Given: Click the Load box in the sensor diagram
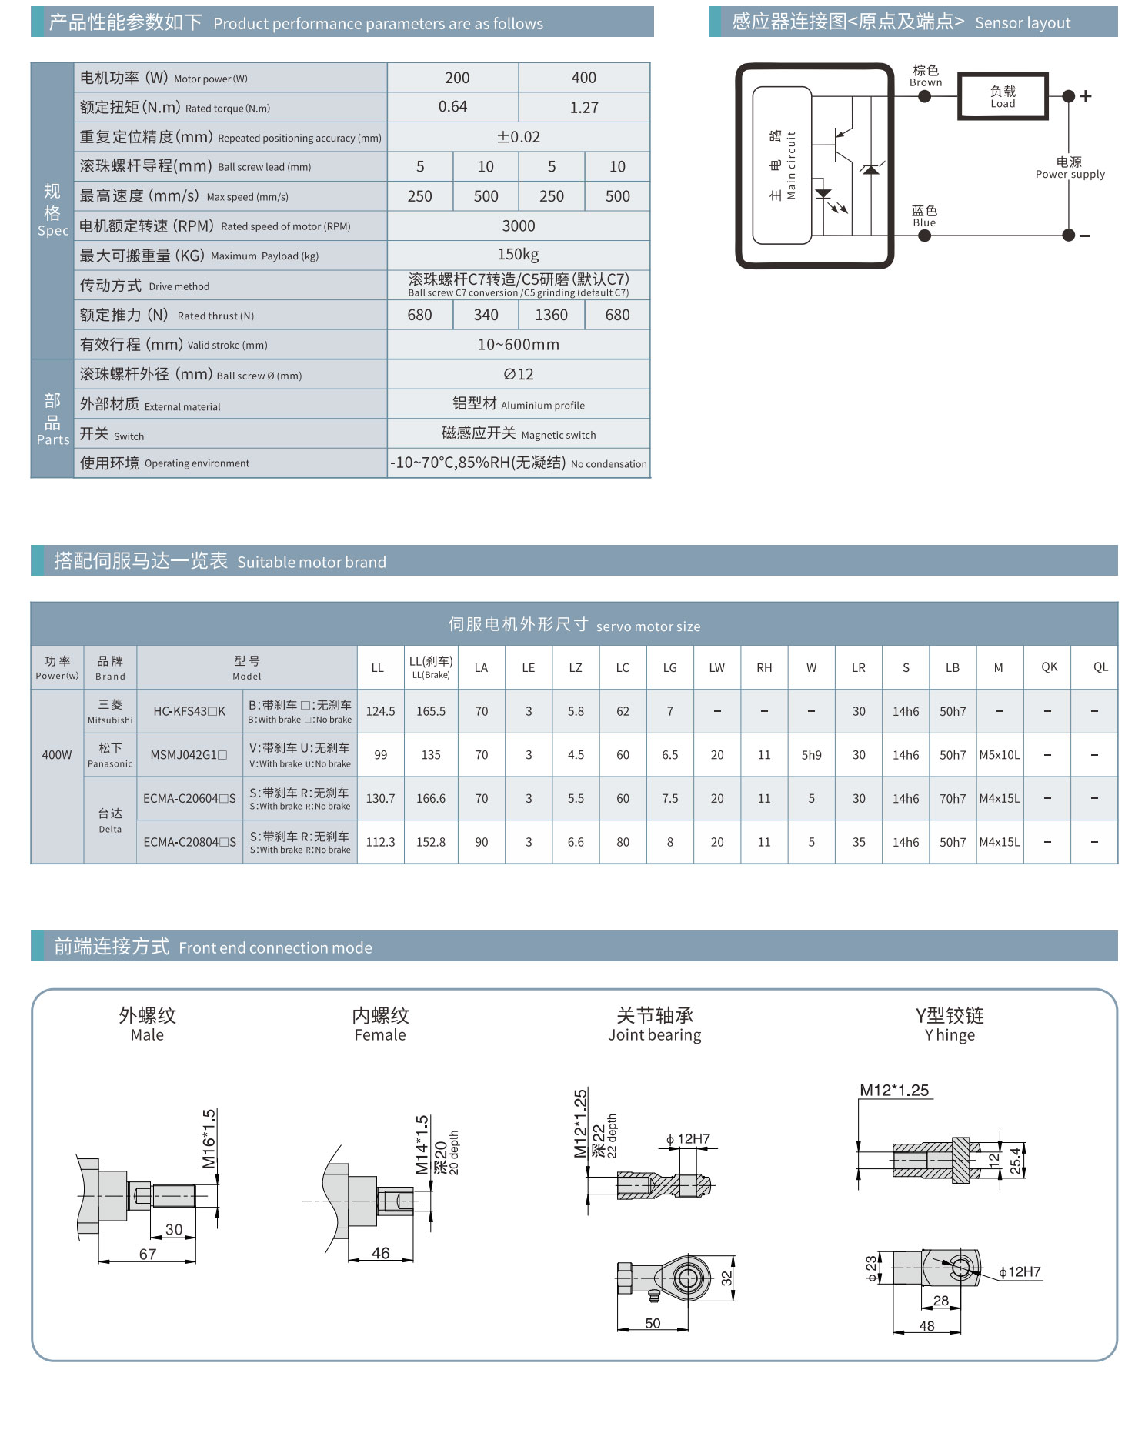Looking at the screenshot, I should (1002, 97).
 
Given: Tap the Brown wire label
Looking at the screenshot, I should (925, 76).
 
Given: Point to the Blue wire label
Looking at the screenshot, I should (924, 216).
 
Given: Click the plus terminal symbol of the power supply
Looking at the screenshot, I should (1086, 96).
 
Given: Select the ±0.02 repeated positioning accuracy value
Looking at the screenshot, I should (518, 137).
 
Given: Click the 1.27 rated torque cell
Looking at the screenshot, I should (584, 108).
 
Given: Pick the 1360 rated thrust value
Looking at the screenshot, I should (551, 315).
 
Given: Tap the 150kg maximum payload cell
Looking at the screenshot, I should (518, 255).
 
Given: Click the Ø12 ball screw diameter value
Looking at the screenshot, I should (518, 374).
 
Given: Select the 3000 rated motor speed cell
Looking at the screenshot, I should (518, 226).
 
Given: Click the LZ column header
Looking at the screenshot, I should (576, 667).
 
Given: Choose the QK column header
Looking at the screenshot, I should (1049, 667).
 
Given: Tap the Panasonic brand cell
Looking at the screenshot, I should (110, 755).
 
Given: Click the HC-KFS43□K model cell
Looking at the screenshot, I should (189, 711).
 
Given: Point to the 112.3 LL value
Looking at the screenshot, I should (380, 842).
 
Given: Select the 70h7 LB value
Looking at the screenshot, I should (952, 799).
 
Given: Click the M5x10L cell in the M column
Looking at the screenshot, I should (999, 755).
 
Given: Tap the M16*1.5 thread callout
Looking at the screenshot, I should (209, 1138).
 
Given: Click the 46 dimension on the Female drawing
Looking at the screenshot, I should (380, 1253).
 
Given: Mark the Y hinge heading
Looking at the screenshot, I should (950, 1024).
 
